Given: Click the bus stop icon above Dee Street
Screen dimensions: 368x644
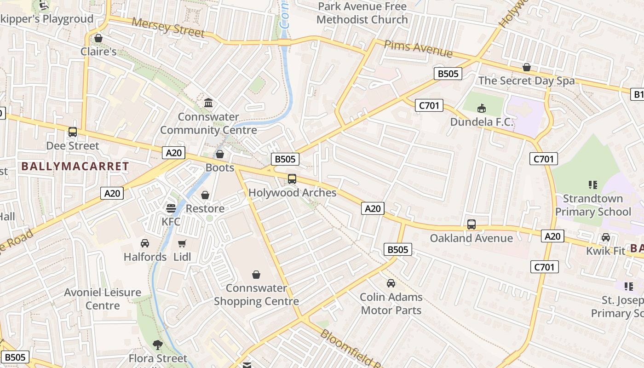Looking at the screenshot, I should coord(73,132).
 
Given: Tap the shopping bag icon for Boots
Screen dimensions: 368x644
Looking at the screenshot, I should coord(220,154).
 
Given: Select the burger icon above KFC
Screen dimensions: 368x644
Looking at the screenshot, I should coord(171,208).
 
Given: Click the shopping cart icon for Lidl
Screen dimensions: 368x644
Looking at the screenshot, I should coord(182,243).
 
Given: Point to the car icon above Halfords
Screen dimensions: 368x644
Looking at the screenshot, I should coord(145,243).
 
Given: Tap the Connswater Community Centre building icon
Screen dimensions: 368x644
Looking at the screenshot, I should coord(208,103).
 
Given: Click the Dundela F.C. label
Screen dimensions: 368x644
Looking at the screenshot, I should coord(482,122).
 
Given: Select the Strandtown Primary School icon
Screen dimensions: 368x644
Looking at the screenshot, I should coord(592,185).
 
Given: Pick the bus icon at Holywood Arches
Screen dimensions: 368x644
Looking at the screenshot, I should coord(292,179).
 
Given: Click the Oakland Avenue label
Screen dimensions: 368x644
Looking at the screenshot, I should coord(471,238).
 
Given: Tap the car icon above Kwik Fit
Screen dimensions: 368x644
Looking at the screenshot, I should coord(606,237).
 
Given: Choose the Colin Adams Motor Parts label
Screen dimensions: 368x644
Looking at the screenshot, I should coord(391,304).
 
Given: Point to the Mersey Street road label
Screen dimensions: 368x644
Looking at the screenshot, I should coord(168,28).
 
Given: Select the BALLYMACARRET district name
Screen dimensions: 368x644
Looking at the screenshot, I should coord(75,167).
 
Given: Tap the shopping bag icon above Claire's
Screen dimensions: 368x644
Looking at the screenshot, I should coord(98,38).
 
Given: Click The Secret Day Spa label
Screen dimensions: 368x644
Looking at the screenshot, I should coord(526,81).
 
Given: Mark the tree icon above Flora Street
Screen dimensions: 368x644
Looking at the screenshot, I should coord(158,345).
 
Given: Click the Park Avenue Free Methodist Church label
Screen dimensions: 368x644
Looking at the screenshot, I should coord(362,13).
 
